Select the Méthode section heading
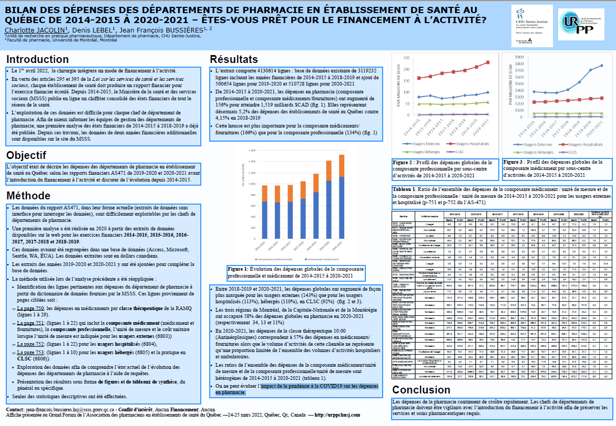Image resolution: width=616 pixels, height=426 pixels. (28, 196)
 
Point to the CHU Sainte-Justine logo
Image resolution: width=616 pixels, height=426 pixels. (528, 24)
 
